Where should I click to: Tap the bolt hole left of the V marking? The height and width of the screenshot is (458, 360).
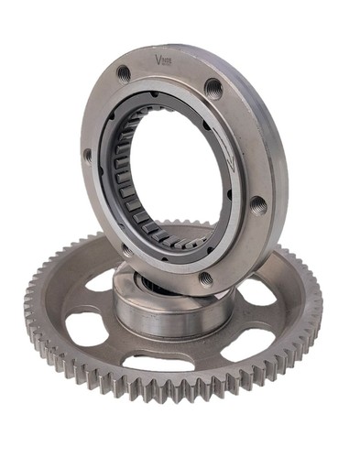124,72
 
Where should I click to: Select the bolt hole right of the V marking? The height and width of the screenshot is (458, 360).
213,88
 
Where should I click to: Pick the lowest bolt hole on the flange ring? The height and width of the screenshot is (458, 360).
206,278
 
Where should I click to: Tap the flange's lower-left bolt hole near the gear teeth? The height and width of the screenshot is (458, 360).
126,248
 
